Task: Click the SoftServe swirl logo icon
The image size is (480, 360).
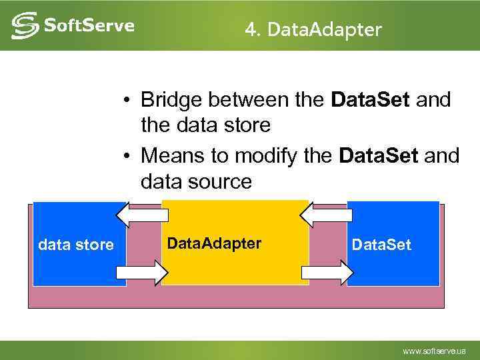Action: (24, 25)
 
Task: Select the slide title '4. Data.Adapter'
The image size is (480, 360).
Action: (313, 29)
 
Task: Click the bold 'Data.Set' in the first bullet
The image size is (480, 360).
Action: (372, 100)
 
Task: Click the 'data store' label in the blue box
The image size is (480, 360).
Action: (76, 245)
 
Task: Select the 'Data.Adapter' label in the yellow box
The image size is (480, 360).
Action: (214, 243)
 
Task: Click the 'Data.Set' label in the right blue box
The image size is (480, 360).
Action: (381, 245)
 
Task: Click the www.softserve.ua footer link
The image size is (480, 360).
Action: (434, 351)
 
